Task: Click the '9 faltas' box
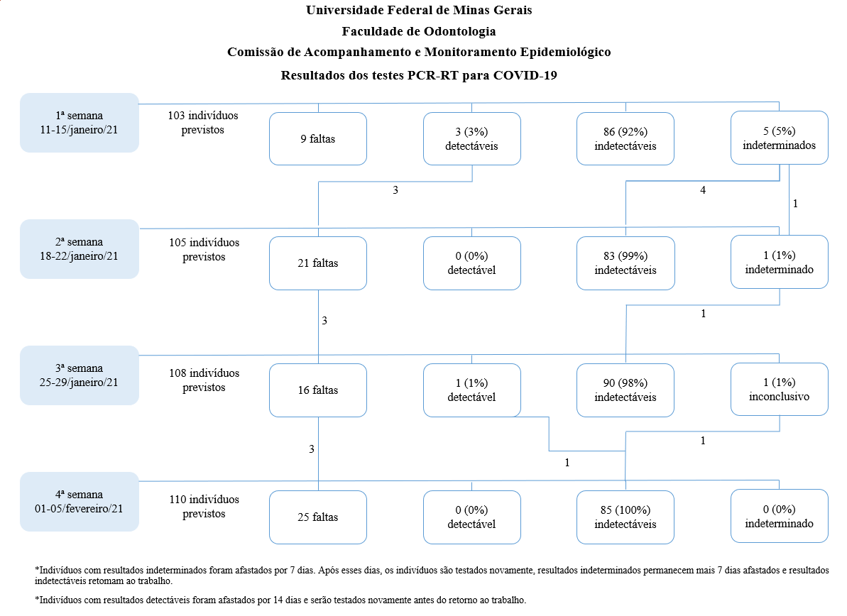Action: [x=318, y=139]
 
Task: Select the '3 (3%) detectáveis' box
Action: [x=472, y=139]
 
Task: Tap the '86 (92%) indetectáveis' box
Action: [x=625, y=139]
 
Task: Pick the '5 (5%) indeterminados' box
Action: [x=780, y=138]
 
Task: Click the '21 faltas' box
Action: [x=318, y=263]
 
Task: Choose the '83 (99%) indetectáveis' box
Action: [x=625, y=263]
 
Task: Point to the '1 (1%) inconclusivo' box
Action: [x=780, y=389]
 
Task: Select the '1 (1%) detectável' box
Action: [x=472, y=390]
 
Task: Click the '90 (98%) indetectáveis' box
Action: [x=625, y=390]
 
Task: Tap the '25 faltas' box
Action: [x=318, y=517]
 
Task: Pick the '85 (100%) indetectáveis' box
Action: [x=625, y=517]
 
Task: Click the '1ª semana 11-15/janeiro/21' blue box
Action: [x=80, y=123]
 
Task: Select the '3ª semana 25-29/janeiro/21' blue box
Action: [x=80, y=375]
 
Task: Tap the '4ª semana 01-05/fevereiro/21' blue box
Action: [x=80, y=502]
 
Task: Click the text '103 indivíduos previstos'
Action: [x=202, y=123]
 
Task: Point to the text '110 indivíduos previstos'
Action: [x=204, y=507]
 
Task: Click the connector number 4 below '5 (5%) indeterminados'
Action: [x=703, y=190]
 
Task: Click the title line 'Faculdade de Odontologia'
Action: [x=419, y=31]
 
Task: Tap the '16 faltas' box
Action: [x=318, y=390]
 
